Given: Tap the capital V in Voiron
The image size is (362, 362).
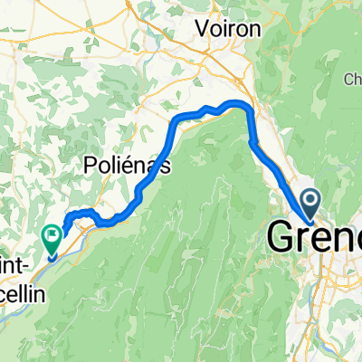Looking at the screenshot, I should click(x=205, y=28).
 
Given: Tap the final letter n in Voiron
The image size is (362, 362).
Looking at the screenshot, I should click(x=255, y=29).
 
